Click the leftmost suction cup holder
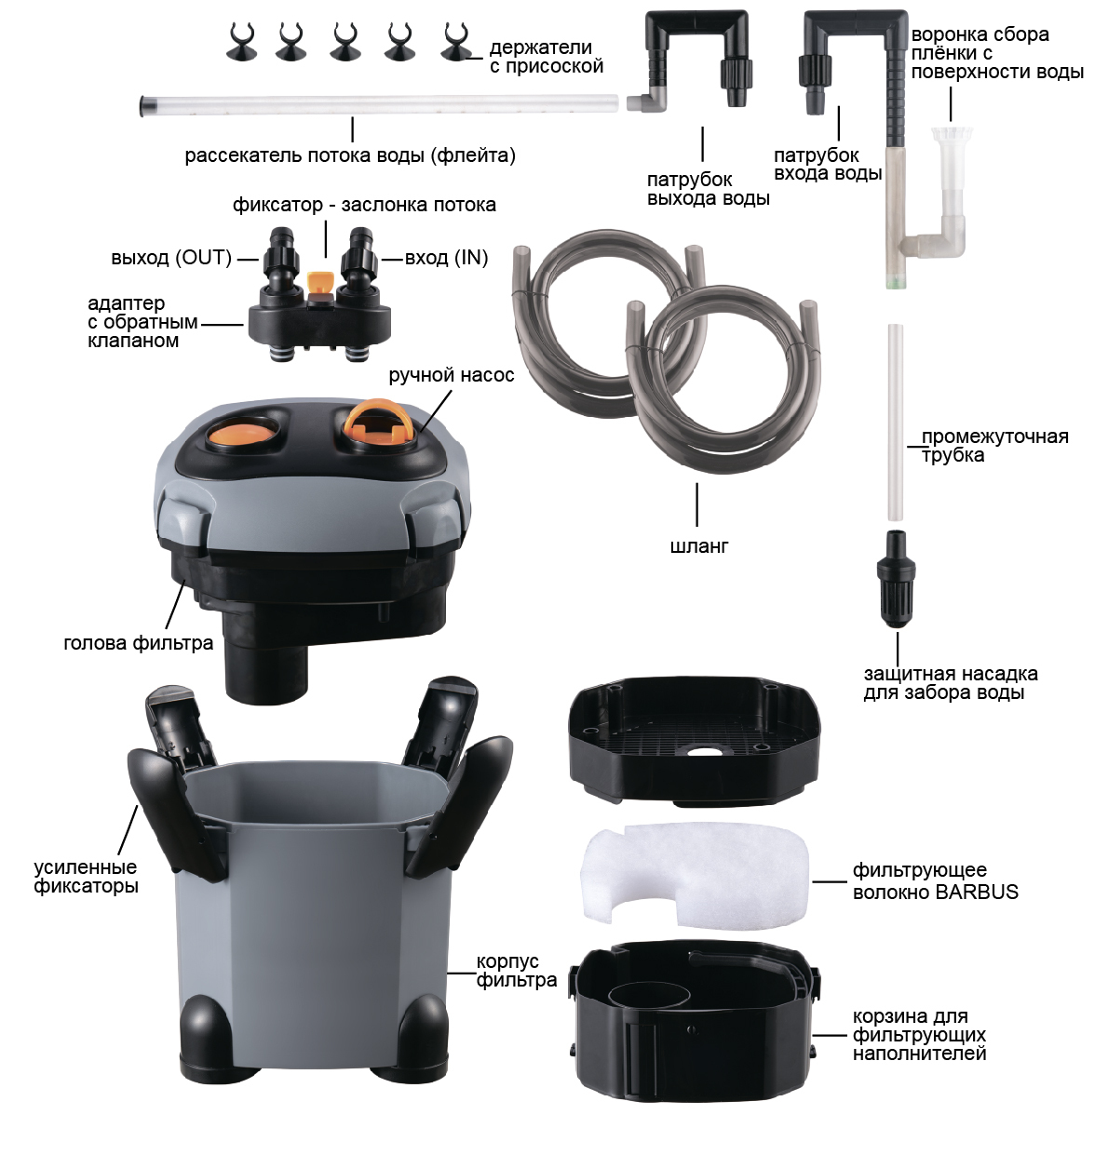pyautogui.click(x=241, y=42)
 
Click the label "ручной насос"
pyautogui.click(x=452, y=375)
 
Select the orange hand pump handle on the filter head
pyautogui.click(x=378, y=423)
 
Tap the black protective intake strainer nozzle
pyautogui.click(x=896, y=579)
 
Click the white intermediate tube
pyautogui.click(x=896, y=423)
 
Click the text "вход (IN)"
pyautogui.click(x=446, y=258)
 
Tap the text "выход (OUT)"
pyautogui.click(x=171, y=258)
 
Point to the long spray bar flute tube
pyautogui.click(x=379, y=104)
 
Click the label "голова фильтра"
pyautogui.click(x=139, y=643)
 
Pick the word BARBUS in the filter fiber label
pyautogui.click(x=977, y=892)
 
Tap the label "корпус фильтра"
pyautogui.click(x=517, y=971)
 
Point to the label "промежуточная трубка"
pyautogui.click(x=994, y=446)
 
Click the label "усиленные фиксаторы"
pyautogui.click(x=86, y=877)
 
